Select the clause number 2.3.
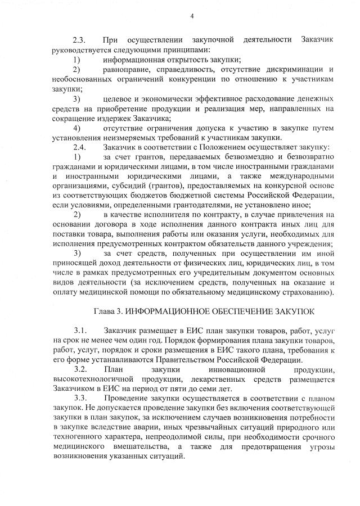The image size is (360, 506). pyautogui.click(x=79, y=40)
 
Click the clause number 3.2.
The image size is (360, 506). pyautogui.click(x=79, y=369)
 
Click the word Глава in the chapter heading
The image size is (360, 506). pyautogui.click(x=107, y=310)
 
